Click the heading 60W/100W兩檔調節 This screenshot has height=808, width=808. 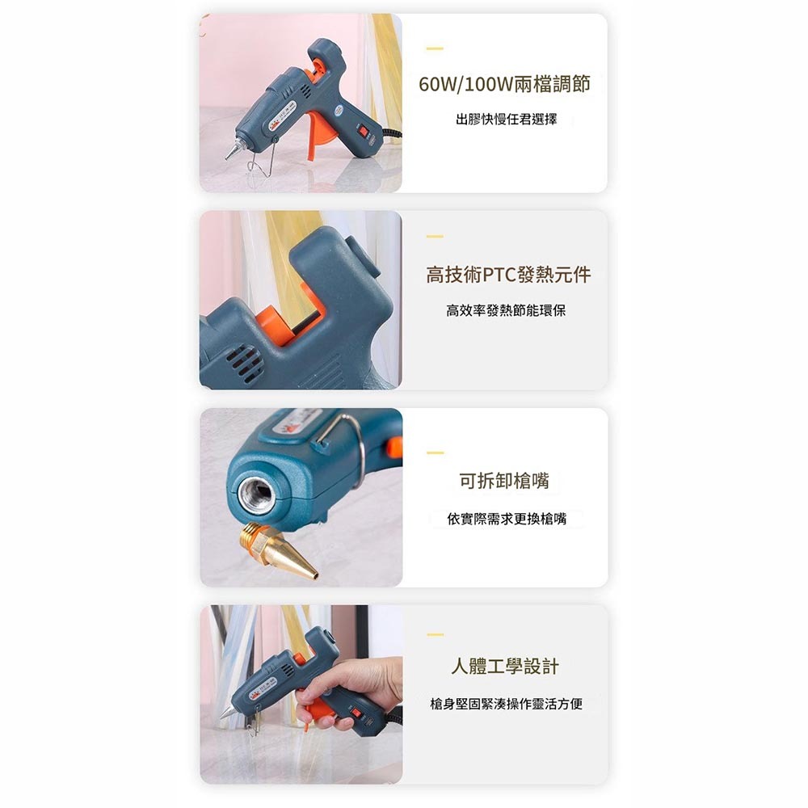(x=504, y=84)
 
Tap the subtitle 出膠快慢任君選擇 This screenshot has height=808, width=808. (x=506, y=120)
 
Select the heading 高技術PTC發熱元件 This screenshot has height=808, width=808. (x=508, y=275)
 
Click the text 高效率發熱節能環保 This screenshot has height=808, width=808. (x=506, y=310)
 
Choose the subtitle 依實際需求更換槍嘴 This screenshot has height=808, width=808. (x=507, y=519)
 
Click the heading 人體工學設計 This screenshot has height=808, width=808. (x=504, y=667)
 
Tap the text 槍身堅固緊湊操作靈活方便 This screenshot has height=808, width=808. (x=506, y=705)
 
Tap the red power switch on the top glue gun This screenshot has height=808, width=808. (x=364, y=129)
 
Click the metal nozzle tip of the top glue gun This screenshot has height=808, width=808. (x=231, y=150)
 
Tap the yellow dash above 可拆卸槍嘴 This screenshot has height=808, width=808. (x=435, y=452)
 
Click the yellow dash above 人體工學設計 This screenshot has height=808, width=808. (x=435, y=635)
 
